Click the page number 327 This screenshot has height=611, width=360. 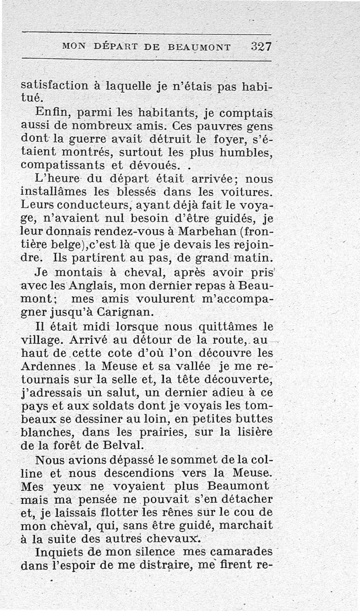261,46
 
